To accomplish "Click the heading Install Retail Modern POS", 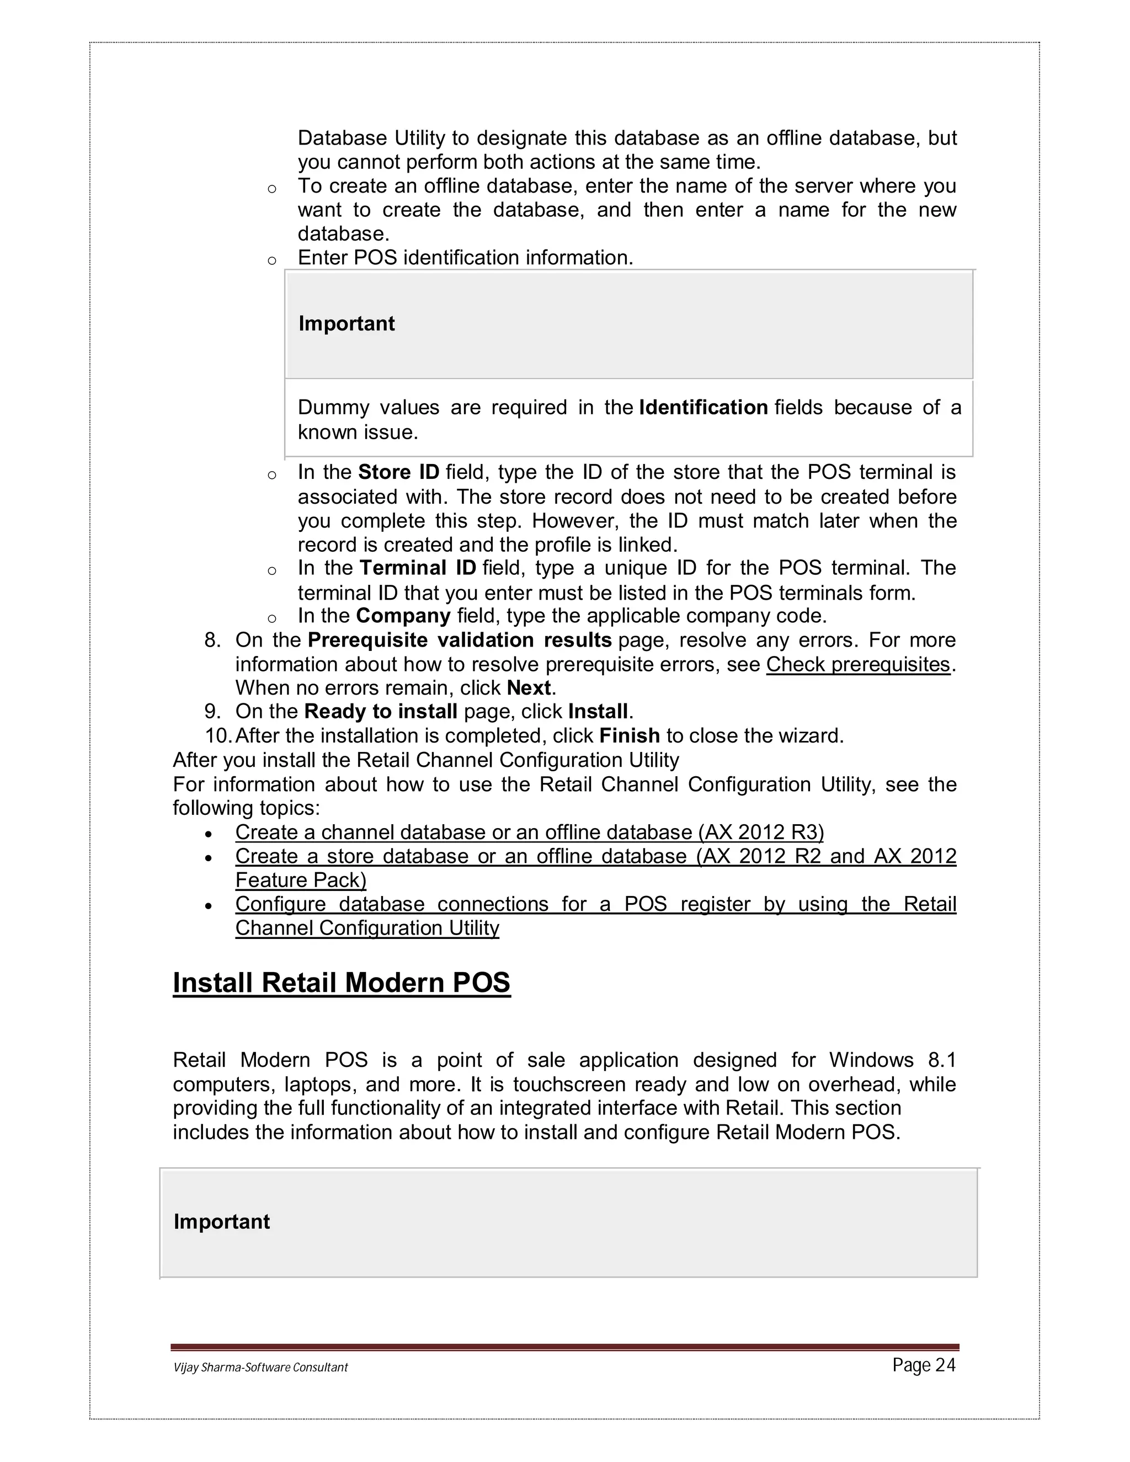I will [342, 983].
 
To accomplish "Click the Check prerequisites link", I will [857, 664].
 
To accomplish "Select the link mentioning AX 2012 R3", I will [529, 832].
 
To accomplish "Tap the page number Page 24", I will [923, 1365].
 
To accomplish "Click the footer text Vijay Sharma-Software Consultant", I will [260, 1368].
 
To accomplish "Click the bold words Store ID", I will [398, 473].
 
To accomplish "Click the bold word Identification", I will [703, 408].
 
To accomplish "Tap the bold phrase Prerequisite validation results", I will [459, 640].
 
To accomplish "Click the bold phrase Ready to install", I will [380, 711].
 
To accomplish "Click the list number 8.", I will [212, 641].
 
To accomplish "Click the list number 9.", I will [212, 712].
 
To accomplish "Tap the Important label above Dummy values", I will [346, 324].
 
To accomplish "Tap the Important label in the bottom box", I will [222, 1221].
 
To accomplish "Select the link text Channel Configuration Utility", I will [367, 928].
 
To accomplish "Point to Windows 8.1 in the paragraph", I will [892, 1060].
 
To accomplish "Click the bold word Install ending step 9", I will [598, 711].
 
